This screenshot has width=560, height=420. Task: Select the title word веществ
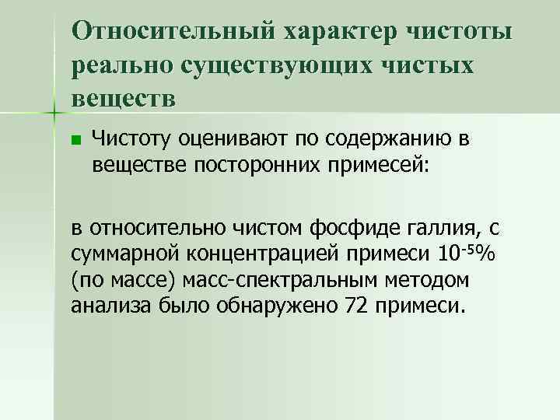click(124, 99)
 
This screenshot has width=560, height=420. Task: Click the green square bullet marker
click(75, 141)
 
